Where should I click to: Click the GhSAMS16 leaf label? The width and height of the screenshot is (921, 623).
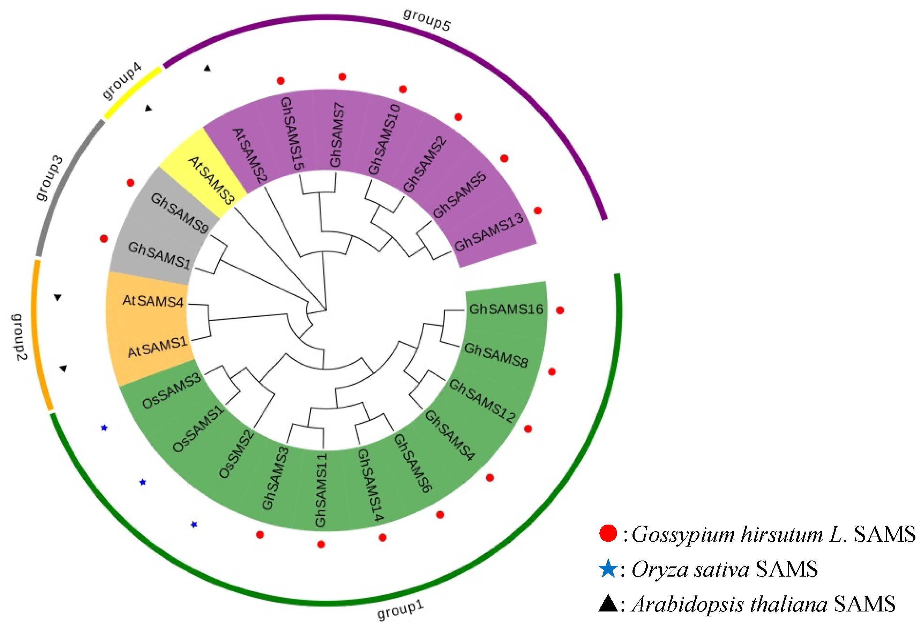point(506,309)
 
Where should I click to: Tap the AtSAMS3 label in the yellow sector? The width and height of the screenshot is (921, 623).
point(211,180)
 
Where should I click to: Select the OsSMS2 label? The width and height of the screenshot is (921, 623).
point(237,454)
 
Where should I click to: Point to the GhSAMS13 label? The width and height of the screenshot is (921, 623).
point(489,232)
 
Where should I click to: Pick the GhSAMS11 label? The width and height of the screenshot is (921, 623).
point(321,491)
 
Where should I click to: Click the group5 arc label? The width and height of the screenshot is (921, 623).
point(427,20)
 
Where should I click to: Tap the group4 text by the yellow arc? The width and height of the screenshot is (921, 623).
point(122,81)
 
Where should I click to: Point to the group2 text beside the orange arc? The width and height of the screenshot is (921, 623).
point(19,337)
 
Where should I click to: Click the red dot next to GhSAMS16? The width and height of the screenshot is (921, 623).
point(560,311)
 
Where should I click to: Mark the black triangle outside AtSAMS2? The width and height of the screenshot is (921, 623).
point(207,68)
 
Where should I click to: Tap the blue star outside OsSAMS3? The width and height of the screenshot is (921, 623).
point(104,428)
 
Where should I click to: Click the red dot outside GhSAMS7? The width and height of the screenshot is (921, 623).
point(342,77)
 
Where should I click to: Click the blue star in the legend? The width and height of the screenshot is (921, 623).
point(607,569)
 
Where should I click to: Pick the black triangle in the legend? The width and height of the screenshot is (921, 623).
point(607,603)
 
